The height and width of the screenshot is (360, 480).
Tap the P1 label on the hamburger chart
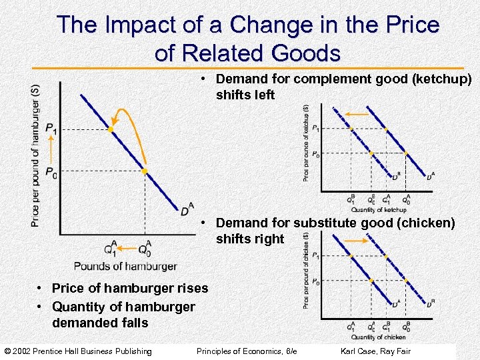coord(51,128)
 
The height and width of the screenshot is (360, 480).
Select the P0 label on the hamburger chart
coord(51,171)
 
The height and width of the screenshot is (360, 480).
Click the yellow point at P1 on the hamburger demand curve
coord(111,129)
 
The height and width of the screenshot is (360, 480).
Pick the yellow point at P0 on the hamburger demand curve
coord(145,172)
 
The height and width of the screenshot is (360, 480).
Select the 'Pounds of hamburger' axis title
coord(125,266)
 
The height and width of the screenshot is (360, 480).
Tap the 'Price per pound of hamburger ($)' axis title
coord(35,155)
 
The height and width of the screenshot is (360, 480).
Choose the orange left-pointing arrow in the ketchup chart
coord(357,114)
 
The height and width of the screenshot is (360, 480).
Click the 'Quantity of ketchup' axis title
coord(378,210)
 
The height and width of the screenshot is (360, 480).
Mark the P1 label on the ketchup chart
coord(315,128)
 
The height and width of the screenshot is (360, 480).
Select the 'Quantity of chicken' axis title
coord(378,337)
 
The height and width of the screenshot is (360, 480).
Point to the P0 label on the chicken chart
coord(315,283)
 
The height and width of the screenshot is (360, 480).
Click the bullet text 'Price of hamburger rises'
coord(129,289)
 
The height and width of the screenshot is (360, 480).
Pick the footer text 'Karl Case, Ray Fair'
coord(375,351)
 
